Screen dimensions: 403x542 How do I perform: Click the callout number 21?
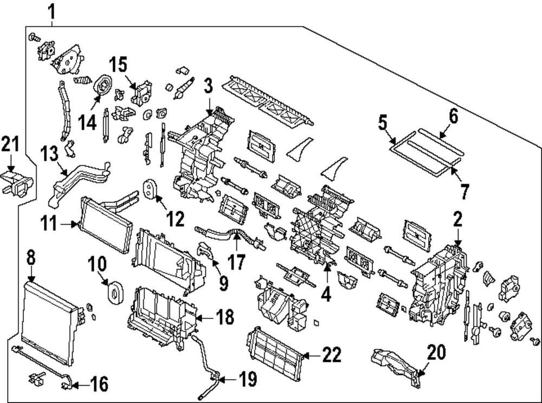pos(10,145)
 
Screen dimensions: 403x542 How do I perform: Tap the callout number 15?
pos(119,66)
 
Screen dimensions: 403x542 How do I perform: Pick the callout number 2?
pos(458,219)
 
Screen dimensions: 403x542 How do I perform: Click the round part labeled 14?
pos(101,86)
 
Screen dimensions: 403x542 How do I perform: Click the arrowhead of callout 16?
pos(71,386)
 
